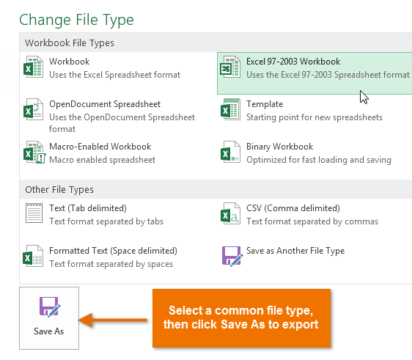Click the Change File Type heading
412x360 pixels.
pyautogui.click(x=77, y=19)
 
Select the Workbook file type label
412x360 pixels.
pyautogui.click(x=69, y=62)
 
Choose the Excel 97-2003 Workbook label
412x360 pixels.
pyautogui.click(x=293, y=62)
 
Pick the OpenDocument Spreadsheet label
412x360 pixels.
pyautogui.click(x=105, y=104)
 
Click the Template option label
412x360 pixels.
pyautogui.click(x=265, y=104)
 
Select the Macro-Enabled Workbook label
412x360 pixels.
pyautogui.click(x=100, y=147)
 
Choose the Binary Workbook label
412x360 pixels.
pyautogui.click(x=279, y=147)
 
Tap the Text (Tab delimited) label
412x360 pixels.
pyautogui.click(x=88, y=208)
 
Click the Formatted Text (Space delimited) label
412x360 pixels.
pyautogui.click(x=113, y=251)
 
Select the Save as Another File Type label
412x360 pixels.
pyautogui.click(x=295, y=251)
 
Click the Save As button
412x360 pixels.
pyautogui.click(x=49, y=317)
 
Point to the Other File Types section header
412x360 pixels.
pyautogui.click(x=59, y=189)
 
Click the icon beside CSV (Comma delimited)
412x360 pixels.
pyautogui.click(x=231, y=215)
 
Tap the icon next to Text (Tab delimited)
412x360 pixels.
pyautogui.click(x=34, y=215)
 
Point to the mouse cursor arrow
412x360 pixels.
pyautogui.click(x=364, y=96)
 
